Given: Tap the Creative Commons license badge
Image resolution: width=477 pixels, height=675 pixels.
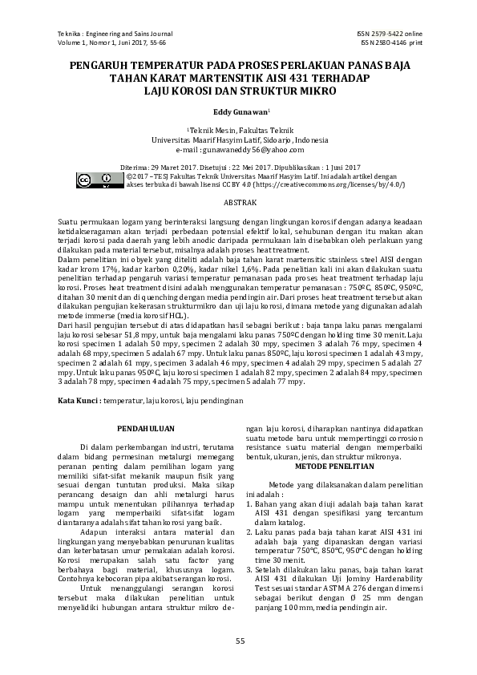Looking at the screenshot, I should [x=95, y=179].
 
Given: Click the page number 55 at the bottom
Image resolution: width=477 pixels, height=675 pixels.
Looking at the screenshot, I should [x=239, y=640].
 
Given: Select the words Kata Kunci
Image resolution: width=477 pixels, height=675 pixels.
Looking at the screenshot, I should [x=79, y=398].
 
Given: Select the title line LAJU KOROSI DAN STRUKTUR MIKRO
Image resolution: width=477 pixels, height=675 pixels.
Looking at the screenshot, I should [x=238, y=91].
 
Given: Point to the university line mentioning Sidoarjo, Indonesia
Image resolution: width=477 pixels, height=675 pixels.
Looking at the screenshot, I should [x=238, y=139].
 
